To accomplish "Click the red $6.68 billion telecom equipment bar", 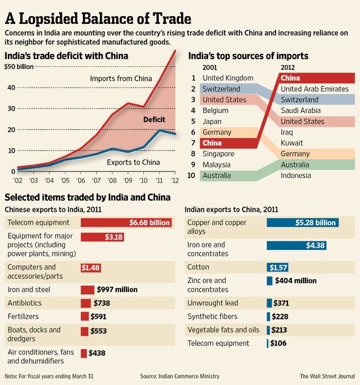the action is coord(126,223).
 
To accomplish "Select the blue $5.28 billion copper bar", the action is coord(303,223).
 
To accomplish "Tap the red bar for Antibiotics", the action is coord(86,303).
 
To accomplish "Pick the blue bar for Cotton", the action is coord(278,267).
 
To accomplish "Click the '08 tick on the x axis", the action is coord(112,180).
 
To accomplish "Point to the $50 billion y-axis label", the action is coord(19,66).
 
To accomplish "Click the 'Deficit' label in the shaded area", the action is coord(154,119).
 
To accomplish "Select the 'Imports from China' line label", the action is coord(121,79).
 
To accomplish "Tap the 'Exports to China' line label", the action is coord(133,162).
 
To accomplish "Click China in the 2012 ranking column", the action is coord(290,78).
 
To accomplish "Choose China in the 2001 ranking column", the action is coord(212,143).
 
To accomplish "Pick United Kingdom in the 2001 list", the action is coord(228,78).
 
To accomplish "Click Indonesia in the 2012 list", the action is coord(296,175).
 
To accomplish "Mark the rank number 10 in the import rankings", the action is coord(191,175).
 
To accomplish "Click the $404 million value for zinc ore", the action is coord(296,280).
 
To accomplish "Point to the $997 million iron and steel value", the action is coord(117,290).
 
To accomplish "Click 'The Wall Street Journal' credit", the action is coord(328,376).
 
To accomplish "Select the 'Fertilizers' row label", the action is coord(23,316).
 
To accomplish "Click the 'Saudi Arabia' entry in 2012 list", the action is coord(301,110).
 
